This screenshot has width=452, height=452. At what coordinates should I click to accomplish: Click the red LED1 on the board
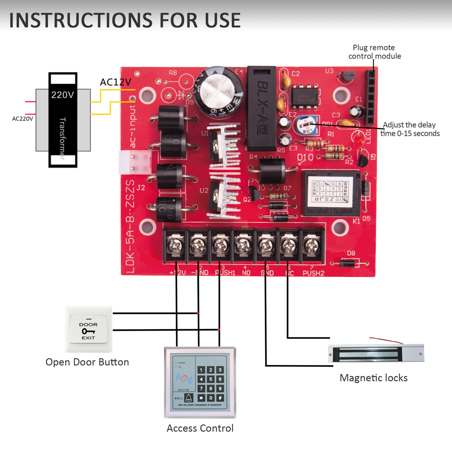point(359,138)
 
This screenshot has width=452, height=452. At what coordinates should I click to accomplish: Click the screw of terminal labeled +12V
point(175,245)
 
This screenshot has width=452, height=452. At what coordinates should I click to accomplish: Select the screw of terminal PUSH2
point(312,245)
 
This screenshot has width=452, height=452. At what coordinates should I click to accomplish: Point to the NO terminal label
point(246,272)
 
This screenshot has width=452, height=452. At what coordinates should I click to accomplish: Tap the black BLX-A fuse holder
point(261,107)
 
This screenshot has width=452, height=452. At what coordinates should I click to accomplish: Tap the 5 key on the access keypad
point(211,379)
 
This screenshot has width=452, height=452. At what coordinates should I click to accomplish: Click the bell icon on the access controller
point(188,398)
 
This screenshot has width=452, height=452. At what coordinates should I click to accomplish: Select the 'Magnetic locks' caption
point(373,378)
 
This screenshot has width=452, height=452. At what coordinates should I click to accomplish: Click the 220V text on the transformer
point(63,95)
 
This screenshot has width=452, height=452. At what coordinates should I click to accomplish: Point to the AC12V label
point(115,82)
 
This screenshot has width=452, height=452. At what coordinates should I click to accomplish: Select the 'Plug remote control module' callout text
point(374,52)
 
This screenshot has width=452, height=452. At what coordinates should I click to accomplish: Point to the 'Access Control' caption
point(200,428)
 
